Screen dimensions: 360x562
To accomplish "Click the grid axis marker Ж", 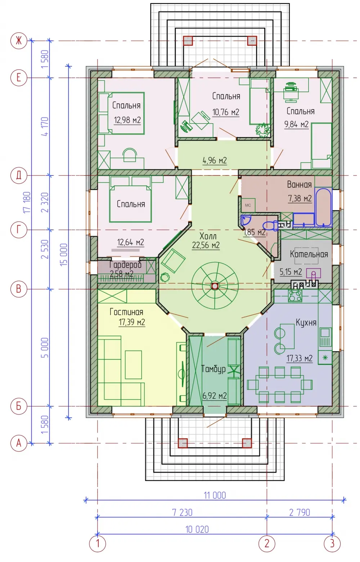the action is [x=19, y=41].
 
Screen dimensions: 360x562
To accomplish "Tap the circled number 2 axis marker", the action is [x=267, y=544].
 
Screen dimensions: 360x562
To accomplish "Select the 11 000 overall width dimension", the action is [x=215, y=495].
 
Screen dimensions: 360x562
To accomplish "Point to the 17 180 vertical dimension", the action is [x=27, y=202].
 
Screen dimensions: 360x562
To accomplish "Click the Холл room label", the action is [x=208, y=236].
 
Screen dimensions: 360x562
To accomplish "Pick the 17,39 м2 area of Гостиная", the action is [x=132, y=322].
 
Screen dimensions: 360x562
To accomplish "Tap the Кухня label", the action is [x=306, y=322].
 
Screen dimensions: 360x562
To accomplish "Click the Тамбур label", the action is [x=213, y=369].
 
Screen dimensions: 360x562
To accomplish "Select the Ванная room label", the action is [x=299, y=185].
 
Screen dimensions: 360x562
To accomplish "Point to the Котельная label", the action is [x=309, y=254].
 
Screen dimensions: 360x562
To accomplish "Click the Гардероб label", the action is [x=126, y=264].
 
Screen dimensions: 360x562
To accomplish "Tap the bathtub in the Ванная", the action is [x=323, y=207].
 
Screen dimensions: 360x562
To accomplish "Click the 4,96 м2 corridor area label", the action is [x=215, y=160].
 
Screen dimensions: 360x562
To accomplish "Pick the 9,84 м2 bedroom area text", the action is [x=296, y=124].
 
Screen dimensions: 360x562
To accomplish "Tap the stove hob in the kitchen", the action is [x=295, y=295].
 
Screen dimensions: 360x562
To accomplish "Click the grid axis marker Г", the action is [x=19, y=229].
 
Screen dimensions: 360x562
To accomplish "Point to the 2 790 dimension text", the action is [x=300, y=512].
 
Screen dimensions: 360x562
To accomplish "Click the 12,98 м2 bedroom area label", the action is [x=127, y=120].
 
